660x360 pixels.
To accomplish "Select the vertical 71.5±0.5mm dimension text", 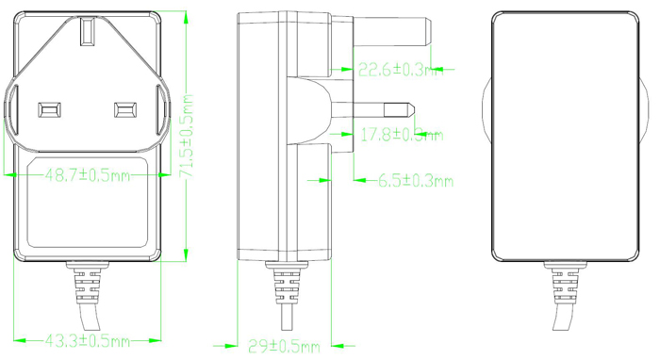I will coord(189,132).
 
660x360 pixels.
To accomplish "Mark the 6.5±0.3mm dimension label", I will coord(415,180).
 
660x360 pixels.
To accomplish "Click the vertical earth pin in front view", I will coord(88,34).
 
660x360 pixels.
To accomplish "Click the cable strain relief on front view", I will coord(87,284).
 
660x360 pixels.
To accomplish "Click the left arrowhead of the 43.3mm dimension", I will coord(16,340).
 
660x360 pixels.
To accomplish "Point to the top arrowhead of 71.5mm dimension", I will coord(185,17).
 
